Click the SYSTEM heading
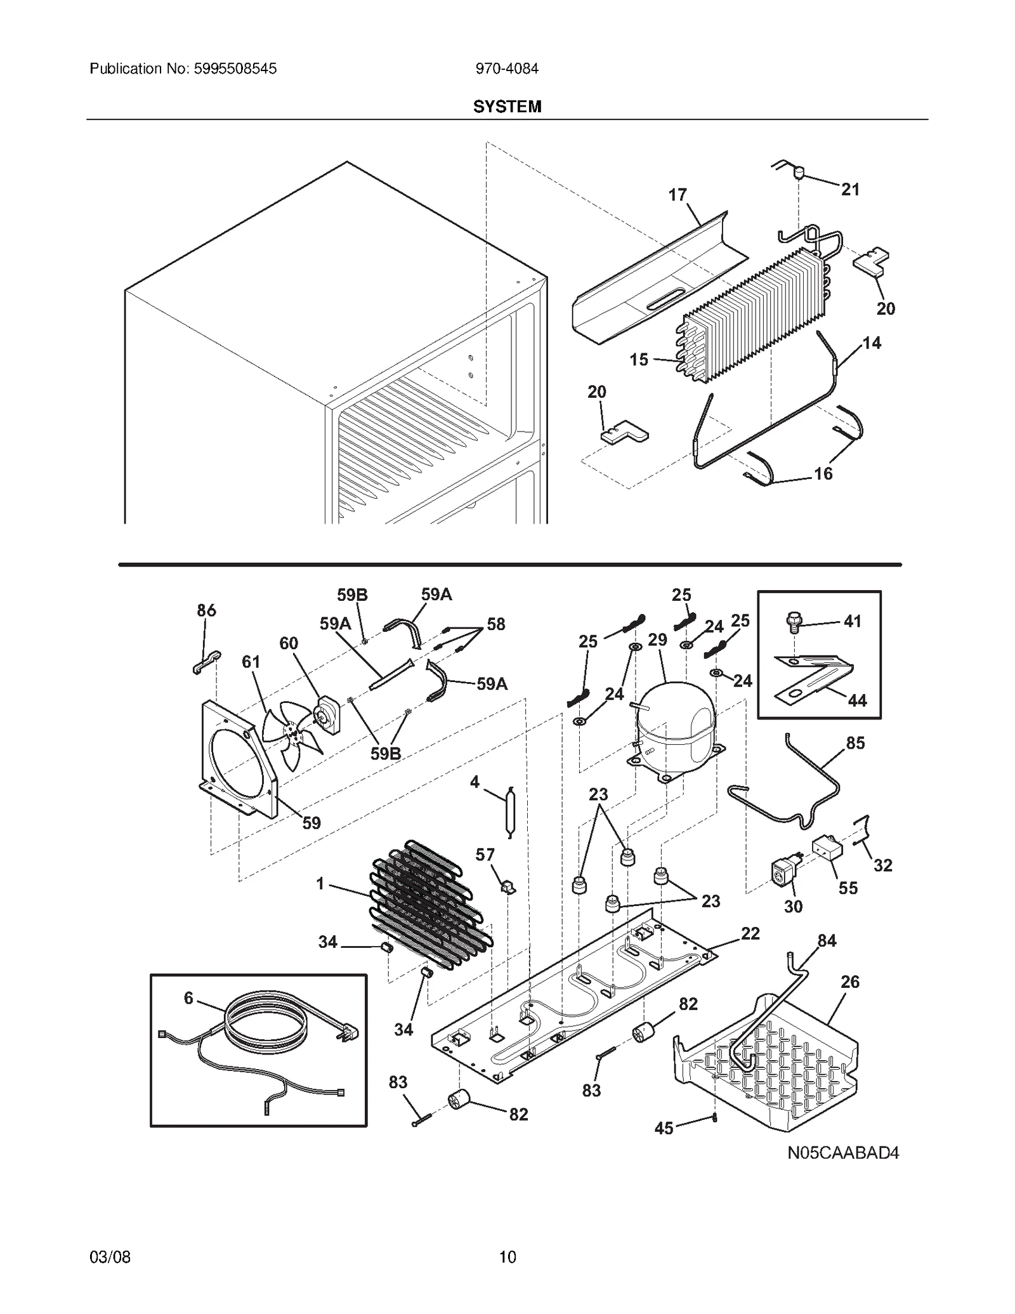coord(507,107)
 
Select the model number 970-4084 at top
coord(507,69)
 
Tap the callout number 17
coord(678,195)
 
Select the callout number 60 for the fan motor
coord(289,643)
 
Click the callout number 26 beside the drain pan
coord(850,982)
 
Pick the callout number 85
coord(855,743)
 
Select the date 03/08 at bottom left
coord(110,1257)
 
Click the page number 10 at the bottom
coord(507,1257)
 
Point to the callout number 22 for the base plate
coord(750,933)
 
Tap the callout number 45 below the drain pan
coord(664,1128)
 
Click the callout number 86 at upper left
coord(206,610)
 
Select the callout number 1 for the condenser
coord(320,883)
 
